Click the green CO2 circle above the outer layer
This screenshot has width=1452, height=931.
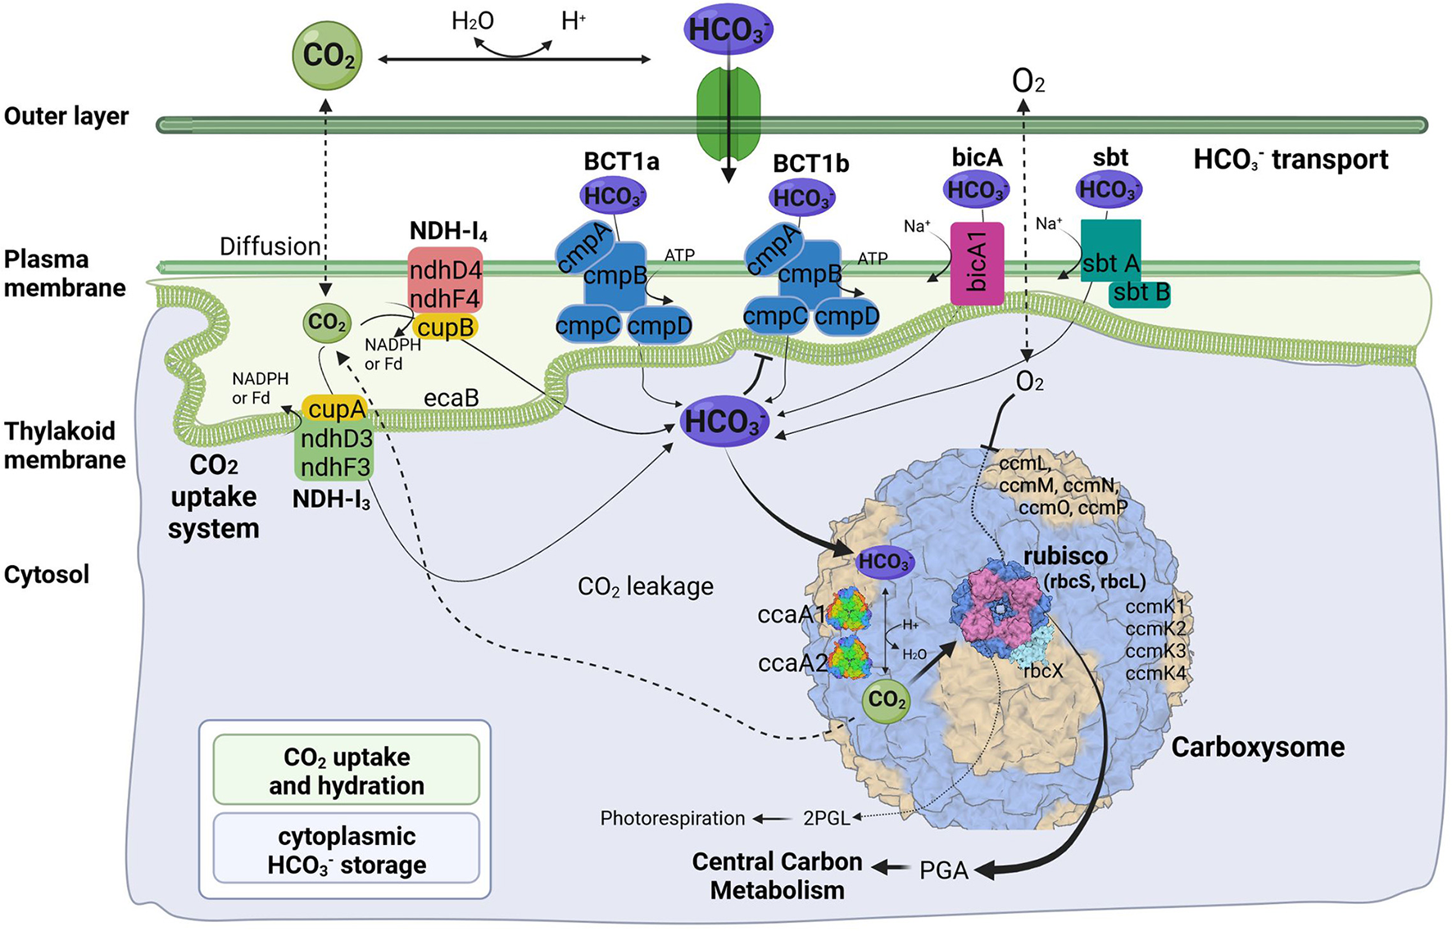328,56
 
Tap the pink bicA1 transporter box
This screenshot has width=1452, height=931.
977,264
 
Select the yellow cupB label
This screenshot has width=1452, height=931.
445,328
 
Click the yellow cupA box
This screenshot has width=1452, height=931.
336,408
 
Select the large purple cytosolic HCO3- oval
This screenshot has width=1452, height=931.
725,422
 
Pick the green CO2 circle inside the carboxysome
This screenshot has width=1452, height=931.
886,700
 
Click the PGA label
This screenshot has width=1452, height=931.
943,870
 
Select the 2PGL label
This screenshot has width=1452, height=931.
826,819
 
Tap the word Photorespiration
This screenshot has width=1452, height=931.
672,819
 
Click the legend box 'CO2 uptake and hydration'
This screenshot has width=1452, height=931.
346,771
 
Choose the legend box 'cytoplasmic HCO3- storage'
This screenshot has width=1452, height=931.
346,850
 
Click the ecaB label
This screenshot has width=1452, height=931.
451,399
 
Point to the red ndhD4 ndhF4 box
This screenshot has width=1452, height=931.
445,282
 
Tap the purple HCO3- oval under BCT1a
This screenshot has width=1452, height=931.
614,197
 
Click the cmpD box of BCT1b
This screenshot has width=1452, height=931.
846,317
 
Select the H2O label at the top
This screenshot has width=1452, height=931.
473,21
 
